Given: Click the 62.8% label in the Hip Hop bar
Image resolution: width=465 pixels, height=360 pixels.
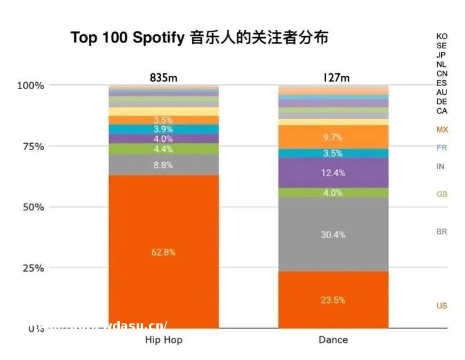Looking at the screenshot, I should (x=163, y=252).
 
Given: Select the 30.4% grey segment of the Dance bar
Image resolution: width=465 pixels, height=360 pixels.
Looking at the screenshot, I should (x=333, y=234).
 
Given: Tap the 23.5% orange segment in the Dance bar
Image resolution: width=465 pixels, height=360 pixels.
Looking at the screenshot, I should (x=333, y=300).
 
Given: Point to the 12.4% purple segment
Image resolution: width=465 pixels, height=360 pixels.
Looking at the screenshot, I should (x=333, y=173).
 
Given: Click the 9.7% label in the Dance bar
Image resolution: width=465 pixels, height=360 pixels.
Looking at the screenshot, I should (x=333, y=137).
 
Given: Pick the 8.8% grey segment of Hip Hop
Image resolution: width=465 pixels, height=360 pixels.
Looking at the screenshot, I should (x=163, y=165).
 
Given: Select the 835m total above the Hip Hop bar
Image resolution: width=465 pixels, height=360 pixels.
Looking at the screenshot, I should (x=163, y=78).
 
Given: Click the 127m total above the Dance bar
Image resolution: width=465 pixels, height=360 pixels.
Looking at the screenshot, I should (x=333, y=78).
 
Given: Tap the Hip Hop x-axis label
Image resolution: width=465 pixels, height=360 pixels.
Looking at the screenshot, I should (x=163, y=340).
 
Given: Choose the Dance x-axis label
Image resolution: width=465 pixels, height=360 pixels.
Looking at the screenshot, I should (x=333, y=340).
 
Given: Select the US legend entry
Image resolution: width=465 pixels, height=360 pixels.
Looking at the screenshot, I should (x=442, y=306).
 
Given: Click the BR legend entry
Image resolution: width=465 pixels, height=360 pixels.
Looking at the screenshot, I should (x=442, y=231).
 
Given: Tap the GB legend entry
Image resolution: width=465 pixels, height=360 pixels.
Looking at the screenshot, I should (x=442, y=194).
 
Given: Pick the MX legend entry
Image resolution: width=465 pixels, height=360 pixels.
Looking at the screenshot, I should (x=442, y=130).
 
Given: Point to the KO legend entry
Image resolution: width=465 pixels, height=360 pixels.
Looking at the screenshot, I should (x=442, y=36).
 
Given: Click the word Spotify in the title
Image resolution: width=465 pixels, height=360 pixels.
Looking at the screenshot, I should (x=159, y=38).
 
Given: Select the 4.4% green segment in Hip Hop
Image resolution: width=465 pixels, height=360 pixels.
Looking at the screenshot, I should (x=163, y=149).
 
